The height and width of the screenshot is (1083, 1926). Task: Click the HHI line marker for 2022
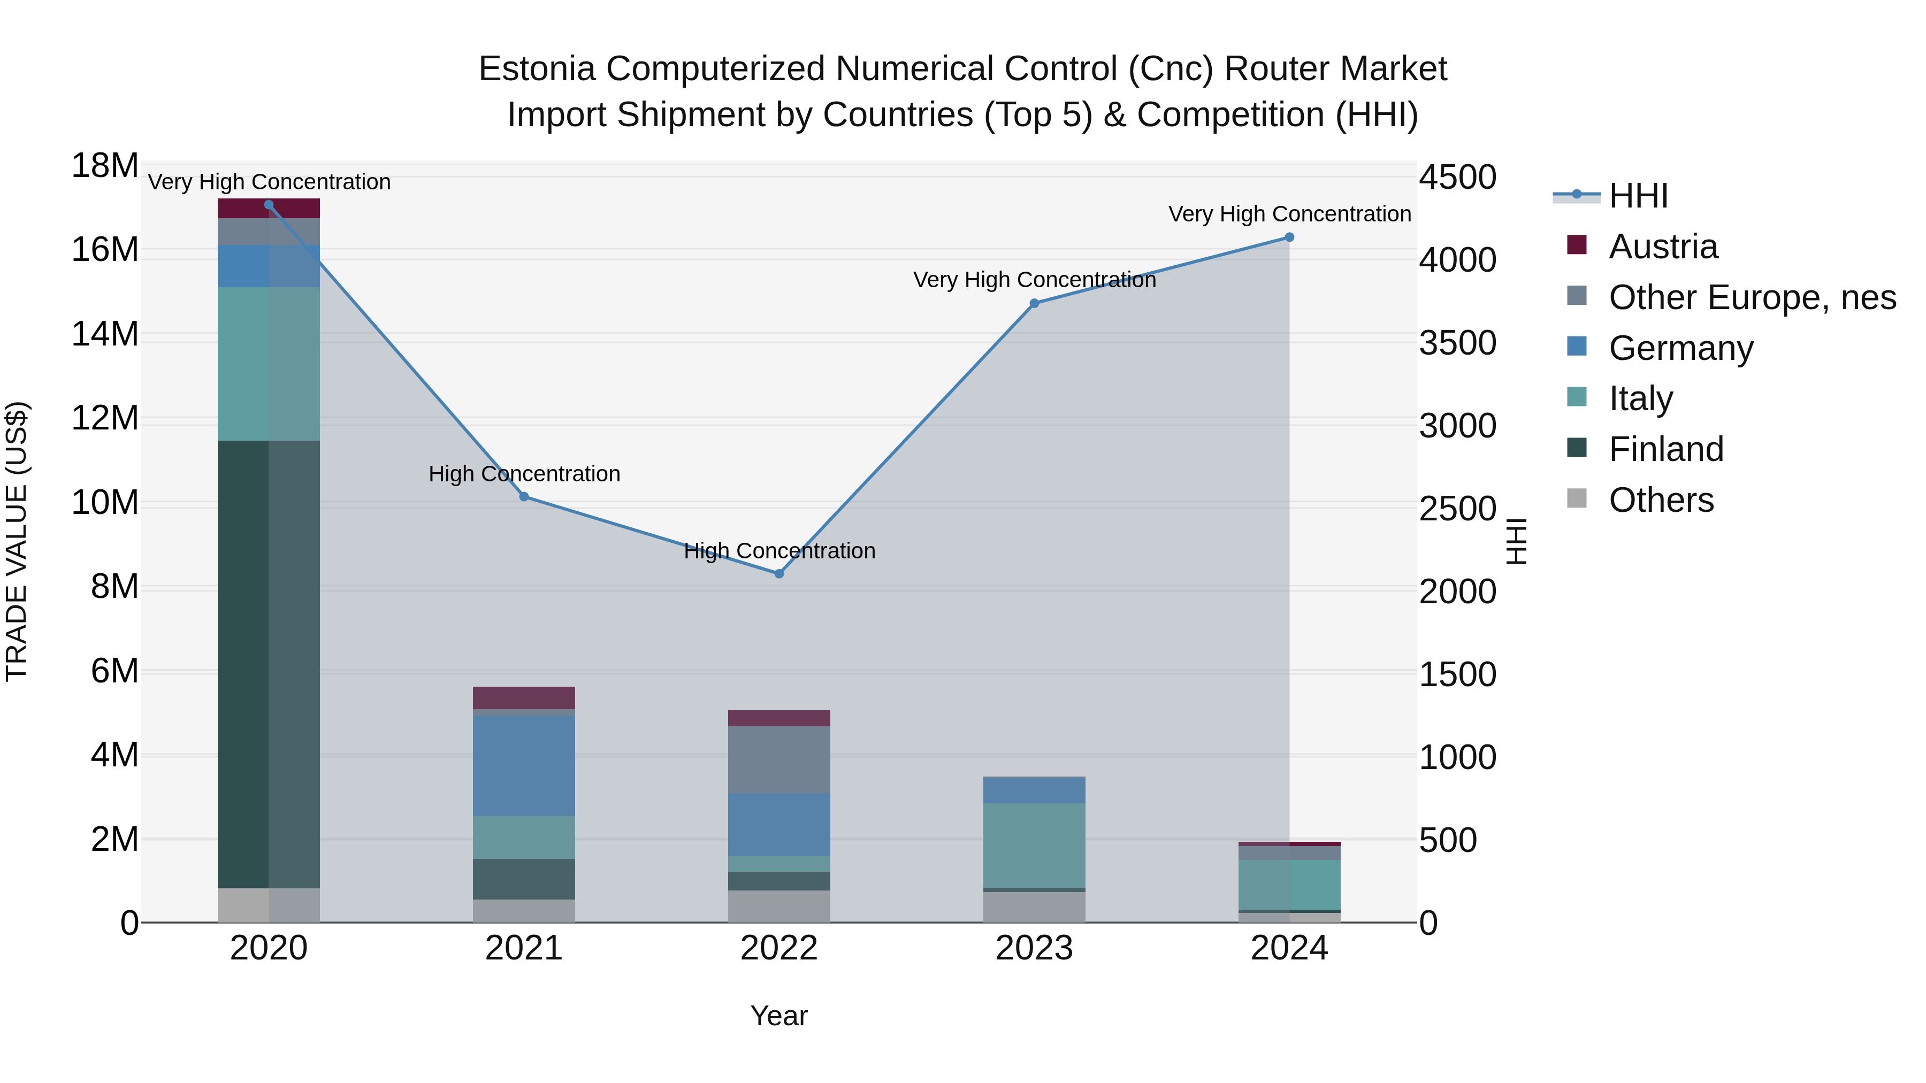point(779,573)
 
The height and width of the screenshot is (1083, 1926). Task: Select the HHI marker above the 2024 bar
point(1289,237)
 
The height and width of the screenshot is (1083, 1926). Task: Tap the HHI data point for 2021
point(524,496)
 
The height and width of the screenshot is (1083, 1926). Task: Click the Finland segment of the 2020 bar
point(269,664)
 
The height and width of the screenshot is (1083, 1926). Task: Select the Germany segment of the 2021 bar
point(524,765)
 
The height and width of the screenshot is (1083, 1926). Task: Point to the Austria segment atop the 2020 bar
point(269,209)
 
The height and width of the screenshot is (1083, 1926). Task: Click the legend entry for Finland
point(1666,449)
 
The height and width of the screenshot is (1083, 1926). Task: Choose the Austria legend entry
point(1663,247)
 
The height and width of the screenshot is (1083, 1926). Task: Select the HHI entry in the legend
point(1638,196)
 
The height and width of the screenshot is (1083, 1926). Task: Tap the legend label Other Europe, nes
point(1752,297)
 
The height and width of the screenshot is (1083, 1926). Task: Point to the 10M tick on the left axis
point(105,502)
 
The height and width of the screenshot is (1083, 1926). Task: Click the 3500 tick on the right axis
point(1458,343)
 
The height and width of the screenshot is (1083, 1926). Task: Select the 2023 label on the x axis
point(1034,948)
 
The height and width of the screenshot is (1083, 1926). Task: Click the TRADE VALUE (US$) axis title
point(17,541)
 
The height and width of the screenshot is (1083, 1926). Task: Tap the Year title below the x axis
point(779,1016)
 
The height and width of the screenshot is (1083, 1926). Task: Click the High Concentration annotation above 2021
point(524,474)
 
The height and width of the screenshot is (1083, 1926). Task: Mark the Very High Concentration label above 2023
point(1034,280)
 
